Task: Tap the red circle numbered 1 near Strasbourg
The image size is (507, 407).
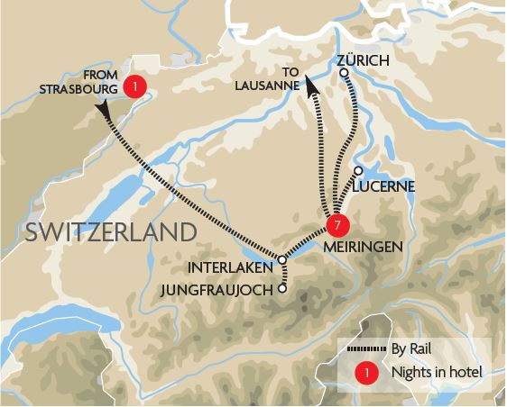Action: [135, 86]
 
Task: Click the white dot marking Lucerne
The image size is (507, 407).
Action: [358, 170]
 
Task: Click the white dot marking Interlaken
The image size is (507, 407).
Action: [282, 259]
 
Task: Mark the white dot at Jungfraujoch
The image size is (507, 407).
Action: [282, 289]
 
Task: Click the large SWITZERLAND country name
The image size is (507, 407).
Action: [111, 231]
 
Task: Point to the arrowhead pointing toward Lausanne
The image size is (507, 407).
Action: [309, 86]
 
